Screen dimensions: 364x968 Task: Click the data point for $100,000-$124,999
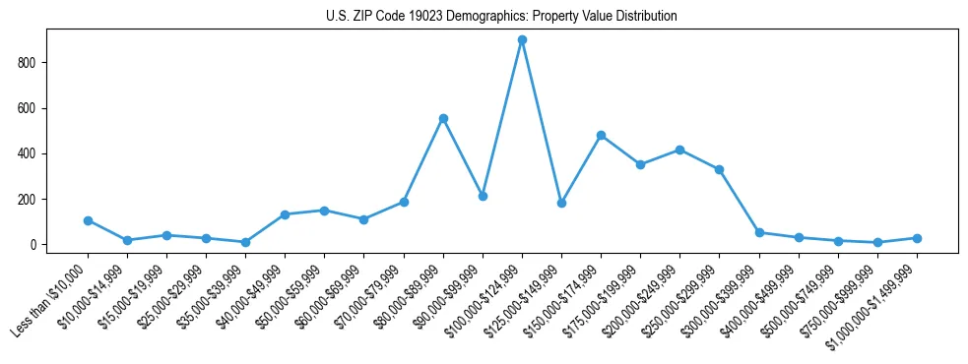[x=522, y=40]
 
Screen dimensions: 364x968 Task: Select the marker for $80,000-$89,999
[x=443, y=118]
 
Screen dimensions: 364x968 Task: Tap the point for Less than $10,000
[x=88, y=220]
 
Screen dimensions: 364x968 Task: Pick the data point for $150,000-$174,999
[x=601, y=135]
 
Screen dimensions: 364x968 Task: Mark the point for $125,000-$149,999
[x=561, y=203]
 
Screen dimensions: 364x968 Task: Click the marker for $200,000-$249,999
[x=679, y=150]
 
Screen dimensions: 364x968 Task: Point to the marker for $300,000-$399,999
[x=759, y=232]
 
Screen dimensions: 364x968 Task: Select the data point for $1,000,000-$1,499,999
[x=917, y=238]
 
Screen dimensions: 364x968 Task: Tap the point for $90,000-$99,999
[x=483, y=196]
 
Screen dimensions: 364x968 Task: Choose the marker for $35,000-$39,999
[x=245, y=242]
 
